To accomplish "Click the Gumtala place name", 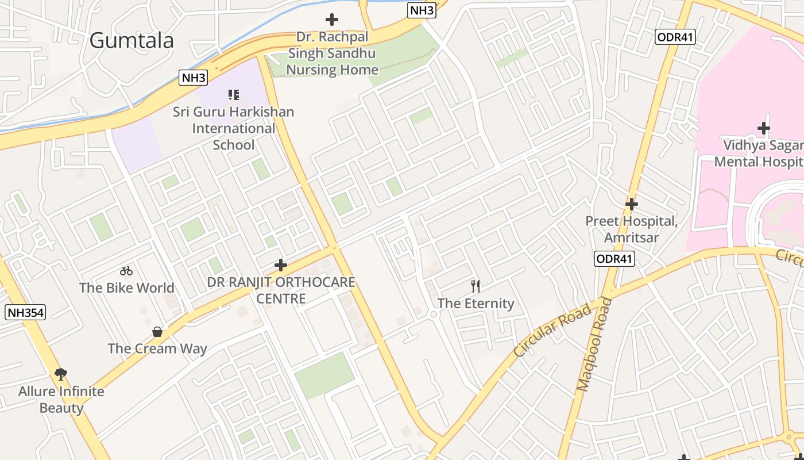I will (132, 41).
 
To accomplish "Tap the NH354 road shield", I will (25, 313).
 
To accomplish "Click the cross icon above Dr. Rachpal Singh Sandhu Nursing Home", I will (332, 20).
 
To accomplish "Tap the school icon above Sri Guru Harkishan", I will (233, 94).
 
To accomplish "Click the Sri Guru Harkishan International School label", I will (233, 128).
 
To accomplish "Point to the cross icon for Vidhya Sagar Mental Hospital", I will (763, 128).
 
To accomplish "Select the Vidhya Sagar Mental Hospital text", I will (758, 153).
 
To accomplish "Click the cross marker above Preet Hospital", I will (632, 204).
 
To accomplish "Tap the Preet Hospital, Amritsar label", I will (631, 229).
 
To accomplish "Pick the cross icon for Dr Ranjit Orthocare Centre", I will (281, 265).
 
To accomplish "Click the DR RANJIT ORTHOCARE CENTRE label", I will (281, 290).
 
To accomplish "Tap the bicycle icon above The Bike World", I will (126, 271).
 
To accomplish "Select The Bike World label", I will (126, 288).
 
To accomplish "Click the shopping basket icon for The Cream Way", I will (157, 332).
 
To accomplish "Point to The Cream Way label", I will (157, 348).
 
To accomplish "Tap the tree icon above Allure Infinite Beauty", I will (61, 374).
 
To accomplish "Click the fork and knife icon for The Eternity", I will (476, 286).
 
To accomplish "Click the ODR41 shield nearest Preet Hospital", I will (614, 259).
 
